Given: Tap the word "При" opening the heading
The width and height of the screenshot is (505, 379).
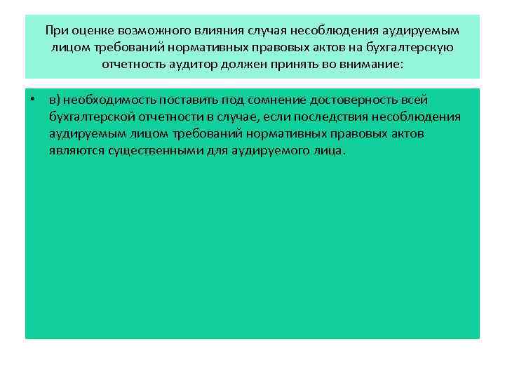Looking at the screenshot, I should click(x=55, y=32).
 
